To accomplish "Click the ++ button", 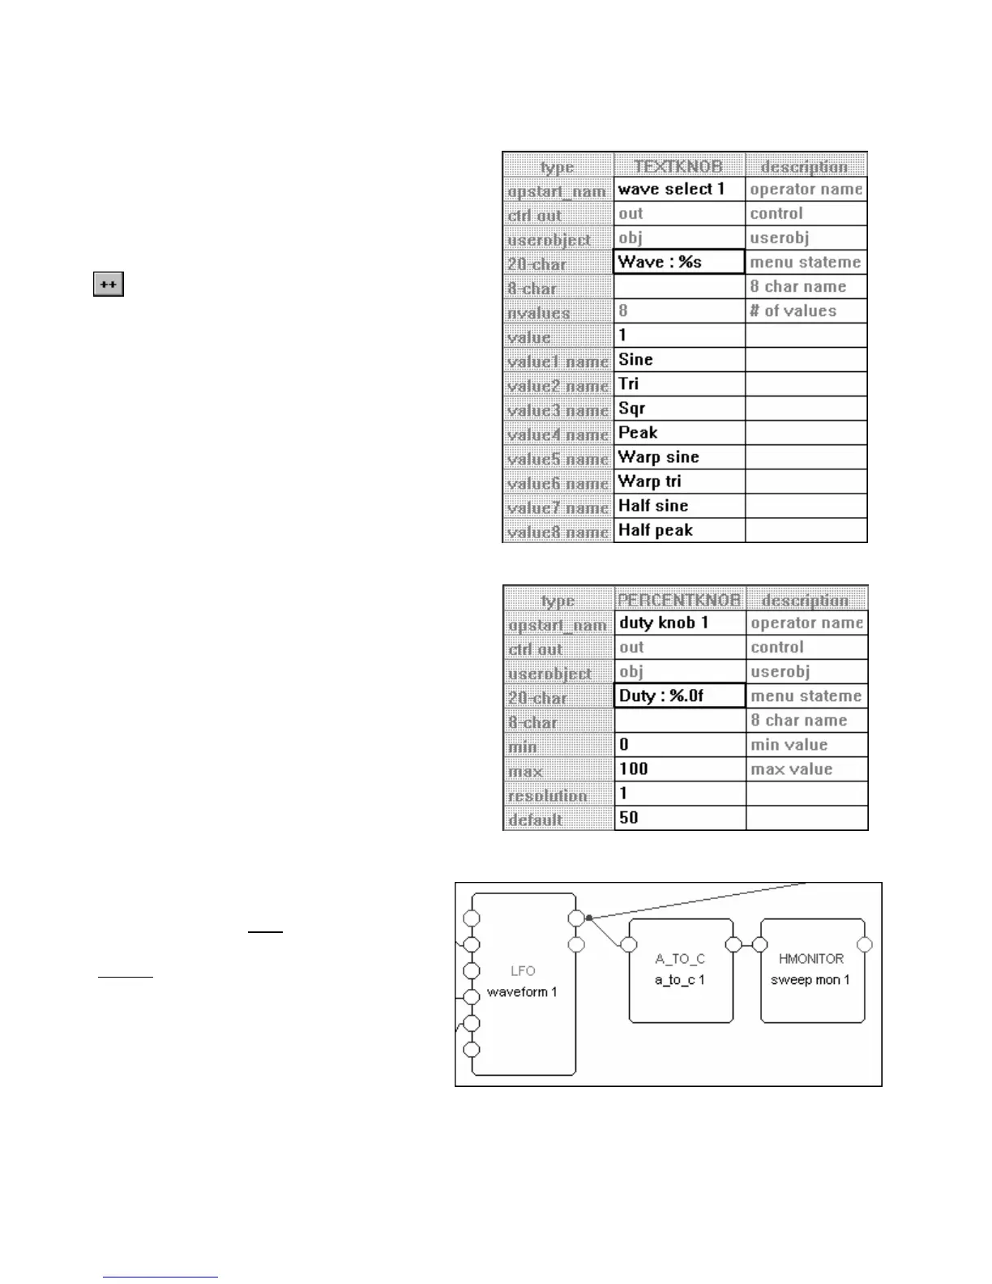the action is coord(109,285).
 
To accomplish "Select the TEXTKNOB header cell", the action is coord(678,166).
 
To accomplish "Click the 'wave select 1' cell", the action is coord(678,189).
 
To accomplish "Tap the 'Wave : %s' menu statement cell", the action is coord(678,262).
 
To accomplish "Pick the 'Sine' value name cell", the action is coord(678,359).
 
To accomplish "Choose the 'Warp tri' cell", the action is coord(678,481).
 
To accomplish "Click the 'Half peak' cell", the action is coord(678,530).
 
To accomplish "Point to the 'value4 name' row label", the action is coord(558,434).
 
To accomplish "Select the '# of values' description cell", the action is coord(806,310).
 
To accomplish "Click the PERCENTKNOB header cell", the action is coord(679,600).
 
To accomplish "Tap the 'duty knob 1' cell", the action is coord(679,623).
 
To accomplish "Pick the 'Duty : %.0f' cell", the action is coord(679,695).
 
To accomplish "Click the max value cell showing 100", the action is coord(679,768).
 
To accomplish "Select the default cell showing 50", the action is coord(679,817).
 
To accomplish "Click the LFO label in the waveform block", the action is coord(523,970).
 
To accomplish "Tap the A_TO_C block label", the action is coord(680,958).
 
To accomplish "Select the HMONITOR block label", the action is coord(810,958).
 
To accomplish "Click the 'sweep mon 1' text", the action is coord(810,979).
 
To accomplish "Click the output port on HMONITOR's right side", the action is coord(865,944).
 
